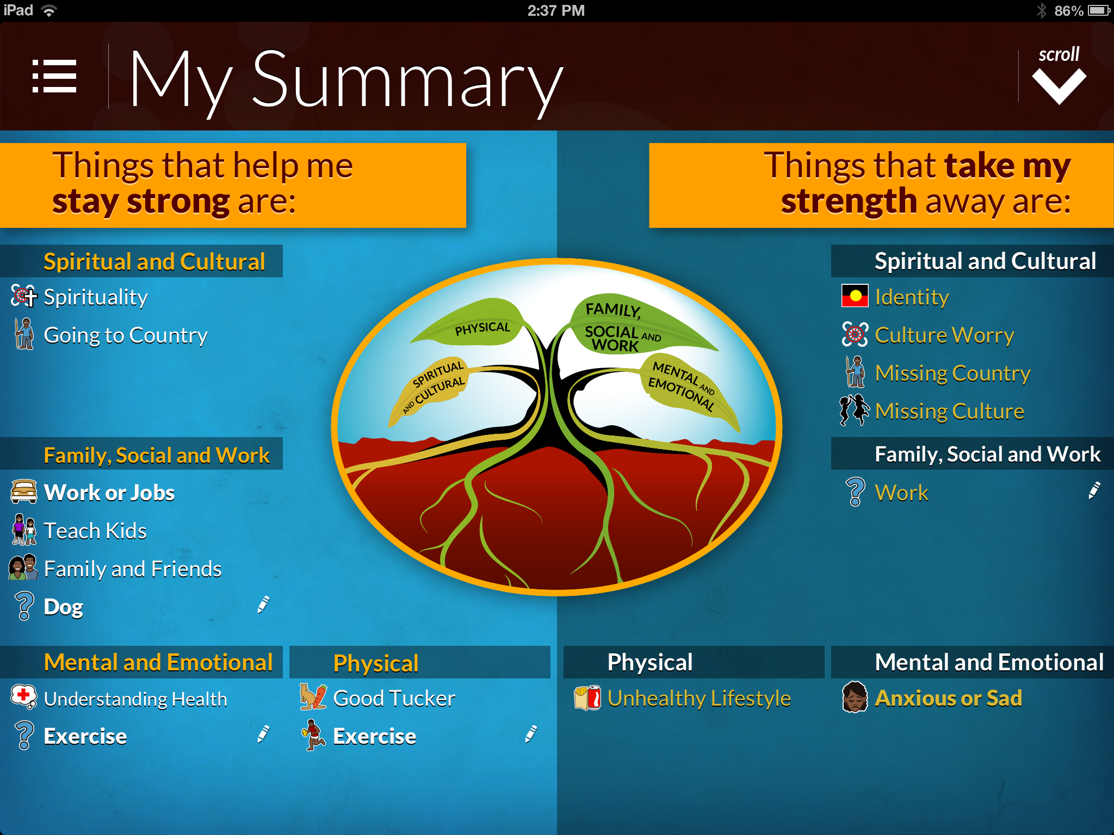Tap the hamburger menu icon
coord(54,76)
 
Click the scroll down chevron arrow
coord(1059,86)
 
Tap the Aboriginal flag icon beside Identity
coord(855,296)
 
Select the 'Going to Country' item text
coord(126,335)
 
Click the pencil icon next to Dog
coord(263,605)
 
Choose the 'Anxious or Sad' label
coord(948,698)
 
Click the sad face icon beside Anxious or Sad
coord(855,697)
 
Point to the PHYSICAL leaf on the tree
coord(473,325)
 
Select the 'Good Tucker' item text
coord(394,699)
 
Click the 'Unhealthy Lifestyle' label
coord(699,699)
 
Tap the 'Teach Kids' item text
coord(95,531)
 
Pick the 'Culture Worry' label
coord(944,335)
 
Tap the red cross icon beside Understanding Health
coord(23,696)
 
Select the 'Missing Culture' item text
coord(950,412)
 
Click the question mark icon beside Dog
coord(24,606)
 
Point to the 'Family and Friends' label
coord(133,569)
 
